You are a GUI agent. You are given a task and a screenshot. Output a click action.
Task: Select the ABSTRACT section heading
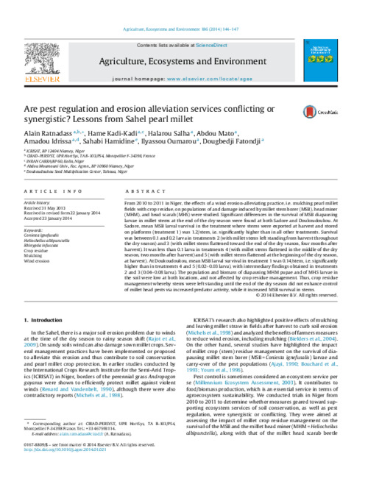[137, 190]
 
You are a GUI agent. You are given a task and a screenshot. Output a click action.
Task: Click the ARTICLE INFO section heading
[45, 190]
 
